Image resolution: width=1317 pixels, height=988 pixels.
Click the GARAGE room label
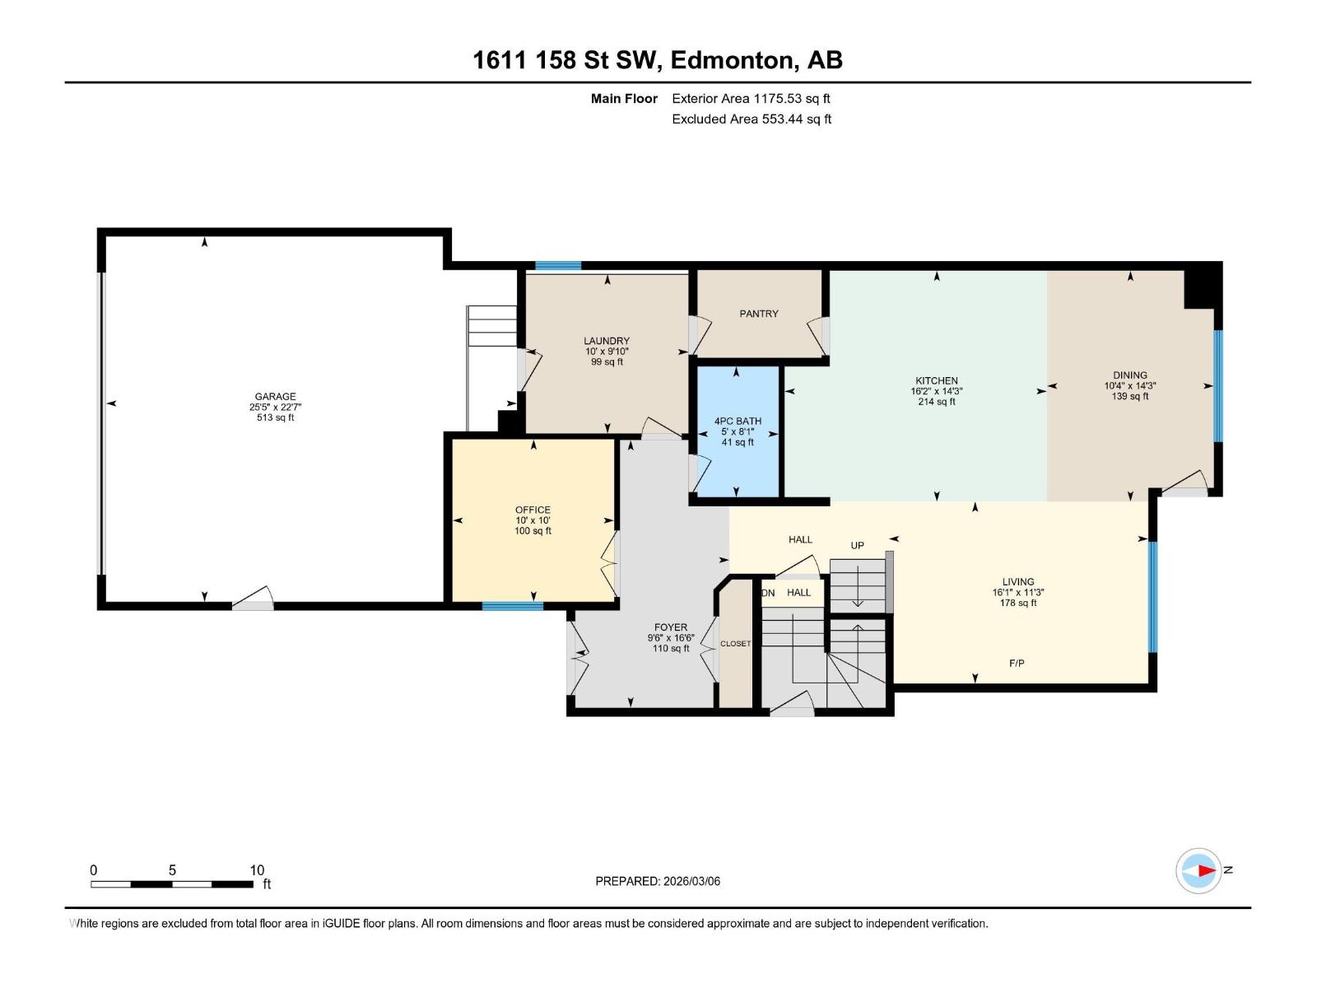point(275,396)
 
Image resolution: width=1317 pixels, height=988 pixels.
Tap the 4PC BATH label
point(738,421)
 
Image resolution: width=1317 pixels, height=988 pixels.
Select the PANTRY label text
point(758,314)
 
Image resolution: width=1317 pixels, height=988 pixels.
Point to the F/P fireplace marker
point(1017,663)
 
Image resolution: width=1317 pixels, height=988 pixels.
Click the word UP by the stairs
point(857,545)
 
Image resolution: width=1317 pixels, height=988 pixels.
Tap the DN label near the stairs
point(768,593)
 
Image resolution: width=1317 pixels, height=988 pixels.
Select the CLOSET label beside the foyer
point(735,644)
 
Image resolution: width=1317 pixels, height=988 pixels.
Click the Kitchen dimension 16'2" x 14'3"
point(936,391)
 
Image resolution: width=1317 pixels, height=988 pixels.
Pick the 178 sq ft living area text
point(1017,603)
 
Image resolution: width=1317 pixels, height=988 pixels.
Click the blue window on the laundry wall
point(558,266)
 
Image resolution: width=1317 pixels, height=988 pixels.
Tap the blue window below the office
point(512,607)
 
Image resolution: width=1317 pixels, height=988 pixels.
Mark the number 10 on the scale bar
point(257,870)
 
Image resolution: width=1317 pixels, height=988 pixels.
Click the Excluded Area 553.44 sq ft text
point(751,119)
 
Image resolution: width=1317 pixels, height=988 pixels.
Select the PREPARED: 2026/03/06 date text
point(658,881)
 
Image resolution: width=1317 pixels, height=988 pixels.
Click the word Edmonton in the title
point(732,60)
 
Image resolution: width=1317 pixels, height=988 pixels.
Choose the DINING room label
point(1129,375)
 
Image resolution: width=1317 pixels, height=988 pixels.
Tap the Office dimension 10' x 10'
point(533,520)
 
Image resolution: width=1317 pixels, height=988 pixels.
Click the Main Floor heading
point(624,99)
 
